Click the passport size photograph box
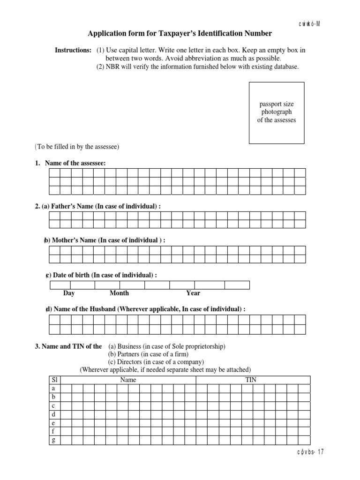pos(276,113)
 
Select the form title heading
pos(180,33)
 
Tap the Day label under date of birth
pos(69,293)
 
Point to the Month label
pos(119,293)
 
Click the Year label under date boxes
pos(193,293)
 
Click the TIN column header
pos(251,380)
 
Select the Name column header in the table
pos(128,380)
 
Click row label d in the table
pos(54,414)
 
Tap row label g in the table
pos(54,440)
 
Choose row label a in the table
pos(54,389)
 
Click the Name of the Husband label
pos(145,309)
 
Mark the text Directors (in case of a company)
pos(156,362)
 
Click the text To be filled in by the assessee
pos(77,147)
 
